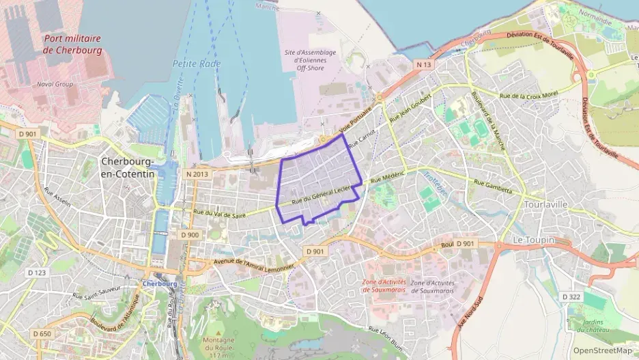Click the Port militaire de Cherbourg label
(x=72, y=44)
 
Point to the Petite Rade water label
(x=193, y=63)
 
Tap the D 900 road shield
(x=190, y=234)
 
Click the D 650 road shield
(x=41, y=333)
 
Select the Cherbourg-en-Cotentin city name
(x=128, y=167)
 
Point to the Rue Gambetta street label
(x=492, y=186)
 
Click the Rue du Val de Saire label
(x=220, y=214)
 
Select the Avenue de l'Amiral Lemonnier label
(x=254, y=264)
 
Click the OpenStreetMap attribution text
(x=601, y=350)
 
